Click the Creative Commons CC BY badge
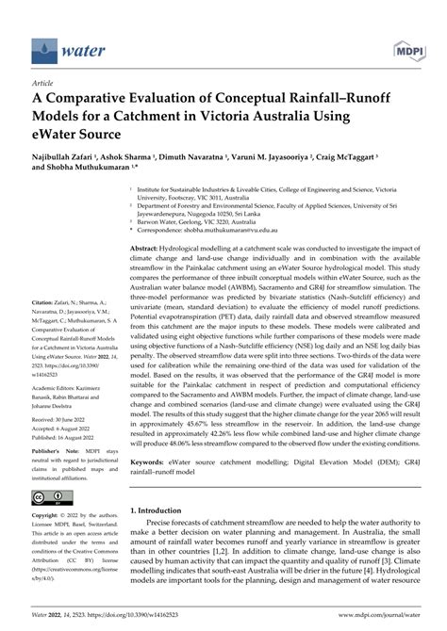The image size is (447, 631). (47, 498)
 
